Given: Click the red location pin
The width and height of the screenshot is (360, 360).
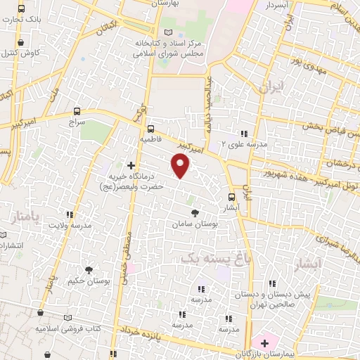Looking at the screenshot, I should pos(181,166).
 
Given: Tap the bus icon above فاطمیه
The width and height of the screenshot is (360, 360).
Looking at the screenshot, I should pos(150,128).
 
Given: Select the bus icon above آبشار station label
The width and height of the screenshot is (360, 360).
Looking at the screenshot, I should pos(232,198).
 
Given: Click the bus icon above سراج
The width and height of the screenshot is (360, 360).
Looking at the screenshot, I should pos(77,111).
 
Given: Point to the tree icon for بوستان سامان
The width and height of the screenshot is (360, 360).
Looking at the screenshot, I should pos(195,212).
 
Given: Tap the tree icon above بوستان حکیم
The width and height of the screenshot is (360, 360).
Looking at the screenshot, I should pos(89,269).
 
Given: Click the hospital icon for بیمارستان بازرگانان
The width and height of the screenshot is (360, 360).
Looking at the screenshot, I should pos(264,343).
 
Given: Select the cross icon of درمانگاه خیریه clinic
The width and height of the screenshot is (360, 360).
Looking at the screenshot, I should pos(131,165).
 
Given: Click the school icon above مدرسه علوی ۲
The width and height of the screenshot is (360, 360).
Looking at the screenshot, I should pos(243,133).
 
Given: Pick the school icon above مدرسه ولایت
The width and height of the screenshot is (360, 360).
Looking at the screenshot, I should pos(69,214).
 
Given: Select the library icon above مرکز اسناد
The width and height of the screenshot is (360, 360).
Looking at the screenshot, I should pos(167,32).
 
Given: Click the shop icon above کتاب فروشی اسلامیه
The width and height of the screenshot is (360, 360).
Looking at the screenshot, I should pos(40,315).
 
